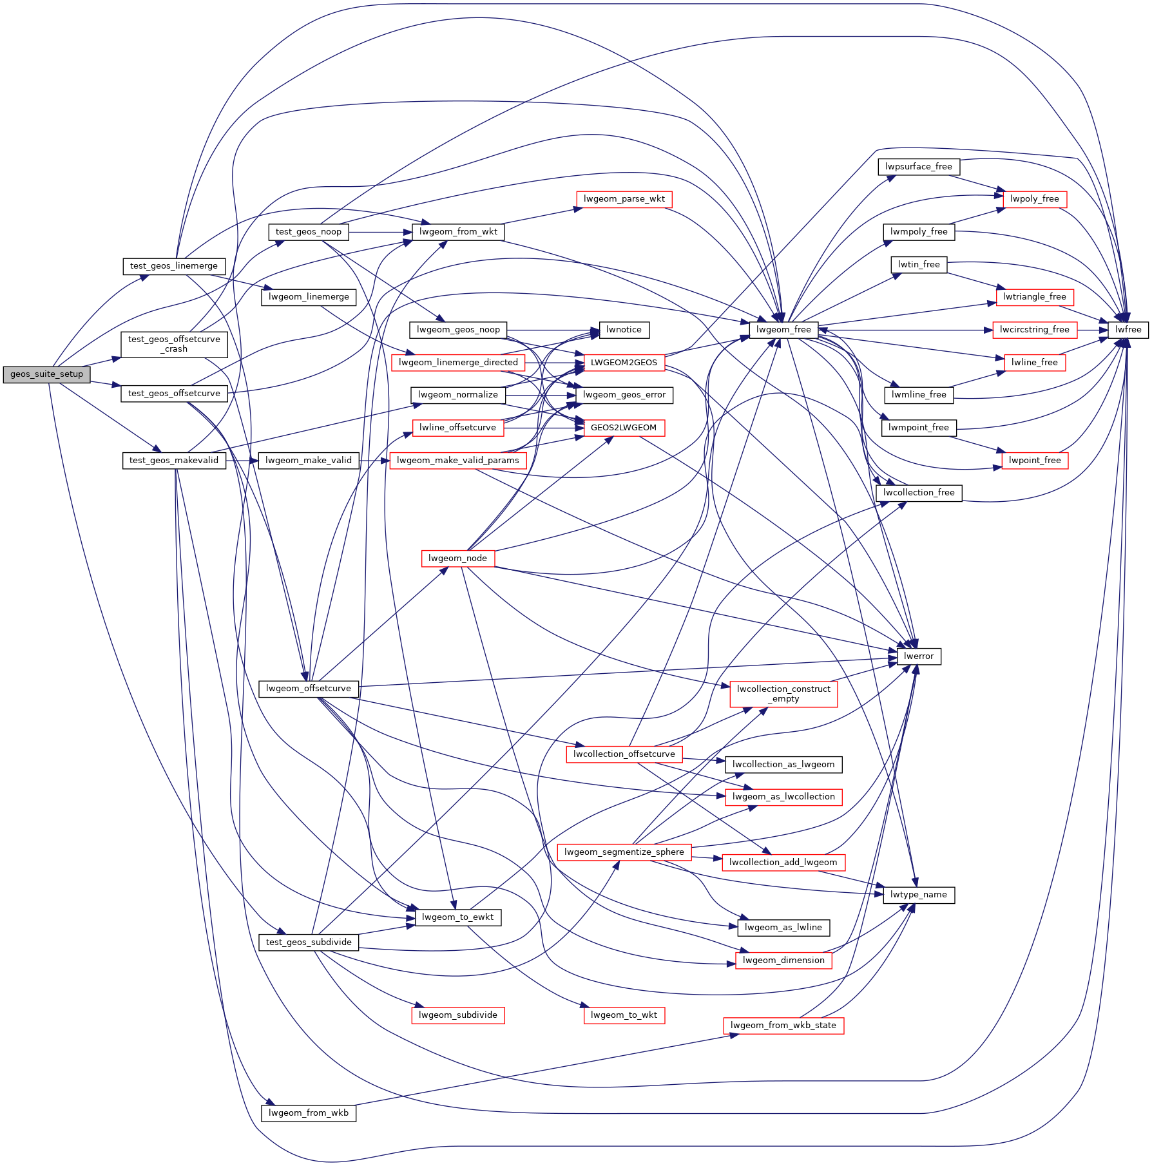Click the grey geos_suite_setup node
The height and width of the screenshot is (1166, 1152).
(46, 374)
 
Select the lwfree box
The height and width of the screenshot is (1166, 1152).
(1128, 330)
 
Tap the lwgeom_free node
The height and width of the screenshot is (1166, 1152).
(783, 330)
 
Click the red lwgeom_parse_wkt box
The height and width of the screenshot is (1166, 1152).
(624, 199)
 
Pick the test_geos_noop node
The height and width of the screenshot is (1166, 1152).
(308, 232)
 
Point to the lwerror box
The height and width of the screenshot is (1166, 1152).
(918, 656)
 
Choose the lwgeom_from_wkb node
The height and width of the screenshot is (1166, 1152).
(308, 1113)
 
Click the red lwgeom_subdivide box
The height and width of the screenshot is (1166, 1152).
(457, 1015)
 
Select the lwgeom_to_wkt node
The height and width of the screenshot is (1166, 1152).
(623, 1015)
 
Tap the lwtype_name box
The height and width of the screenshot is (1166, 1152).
(918, 895)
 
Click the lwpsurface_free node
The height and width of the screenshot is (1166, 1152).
(918, 167)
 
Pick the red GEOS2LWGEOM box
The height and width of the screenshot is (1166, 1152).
(623, 428)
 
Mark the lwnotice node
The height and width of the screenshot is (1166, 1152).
(623, 330)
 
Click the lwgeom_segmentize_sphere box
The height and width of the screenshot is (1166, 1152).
(624, 852)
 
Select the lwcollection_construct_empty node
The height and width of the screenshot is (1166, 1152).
(783, 694)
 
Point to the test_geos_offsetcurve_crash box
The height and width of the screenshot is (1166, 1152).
(174, 344)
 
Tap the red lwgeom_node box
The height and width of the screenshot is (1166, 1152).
(457, 559)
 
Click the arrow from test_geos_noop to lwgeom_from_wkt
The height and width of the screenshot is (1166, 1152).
(380, 232)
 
